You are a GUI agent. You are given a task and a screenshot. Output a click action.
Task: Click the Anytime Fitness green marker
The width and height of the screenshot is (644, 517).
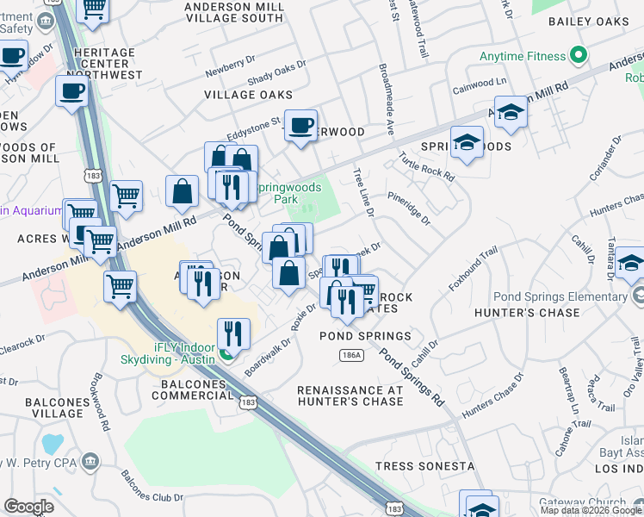point(579,58)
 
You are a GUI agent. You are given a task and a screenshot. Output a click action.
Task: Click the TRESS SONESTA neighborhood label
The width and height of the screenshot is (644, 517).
point(424,466)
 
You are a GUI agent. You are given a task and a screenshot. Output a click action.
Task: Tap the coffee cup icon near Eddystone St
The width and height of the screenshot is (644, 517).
point(301,126)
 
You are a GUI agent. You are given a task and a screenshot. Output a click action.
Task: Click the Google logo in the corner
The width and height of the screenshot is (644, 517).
point(28,507)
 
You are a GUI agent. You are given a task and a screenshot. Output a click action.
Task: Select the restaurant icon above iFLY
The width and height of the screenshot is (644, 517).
point(233,333)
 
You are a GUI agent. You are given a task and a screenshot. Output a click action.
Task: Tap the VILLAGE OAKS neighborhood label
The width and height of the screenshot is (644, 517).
point(248,95)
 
